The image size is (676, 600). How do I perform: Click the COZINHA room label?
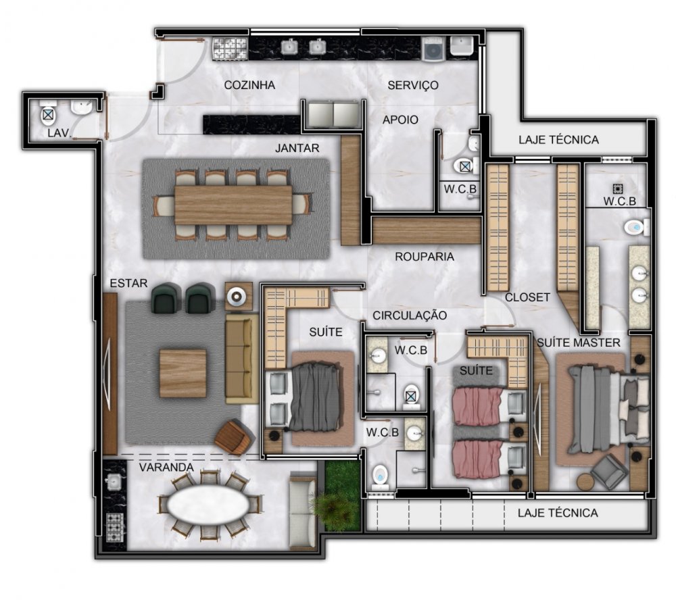(249, 85)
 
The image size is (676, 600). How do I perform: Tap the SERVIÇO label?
(413, 85)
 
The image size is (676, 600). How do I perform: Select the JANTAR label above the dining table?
(297, 148)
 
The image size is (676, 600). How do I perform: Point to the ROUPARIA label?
(425, 257)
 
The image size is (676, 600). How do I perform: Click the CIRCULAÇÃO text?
(410, 316)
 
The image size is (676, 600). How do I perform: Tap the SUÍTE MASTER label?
(579, 343)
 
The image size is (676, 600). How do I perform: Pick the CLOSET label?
(527, 297)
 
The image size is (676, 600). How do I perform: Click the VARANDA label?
(166, 468)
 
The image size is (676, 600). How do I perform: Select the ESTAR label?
(128, 283)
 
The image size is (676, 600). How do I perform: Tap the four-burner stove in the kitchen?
(231, 49)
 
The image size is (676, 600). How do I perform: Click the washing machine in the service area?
(433, 49)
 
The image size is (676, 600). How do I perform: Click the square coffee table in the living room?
(183, 373)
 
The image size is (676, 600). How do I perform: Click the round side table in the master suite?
(586, 482)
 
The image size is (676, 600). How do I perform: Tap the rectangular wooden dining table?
(233, 205)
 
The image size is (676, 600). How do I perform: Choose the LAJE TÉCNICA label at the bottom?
(558, 513)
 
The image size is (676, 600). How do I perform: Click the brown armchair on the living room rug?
(234, 437)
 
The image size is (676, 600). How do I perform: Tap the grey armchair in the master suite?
(609, 472)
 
